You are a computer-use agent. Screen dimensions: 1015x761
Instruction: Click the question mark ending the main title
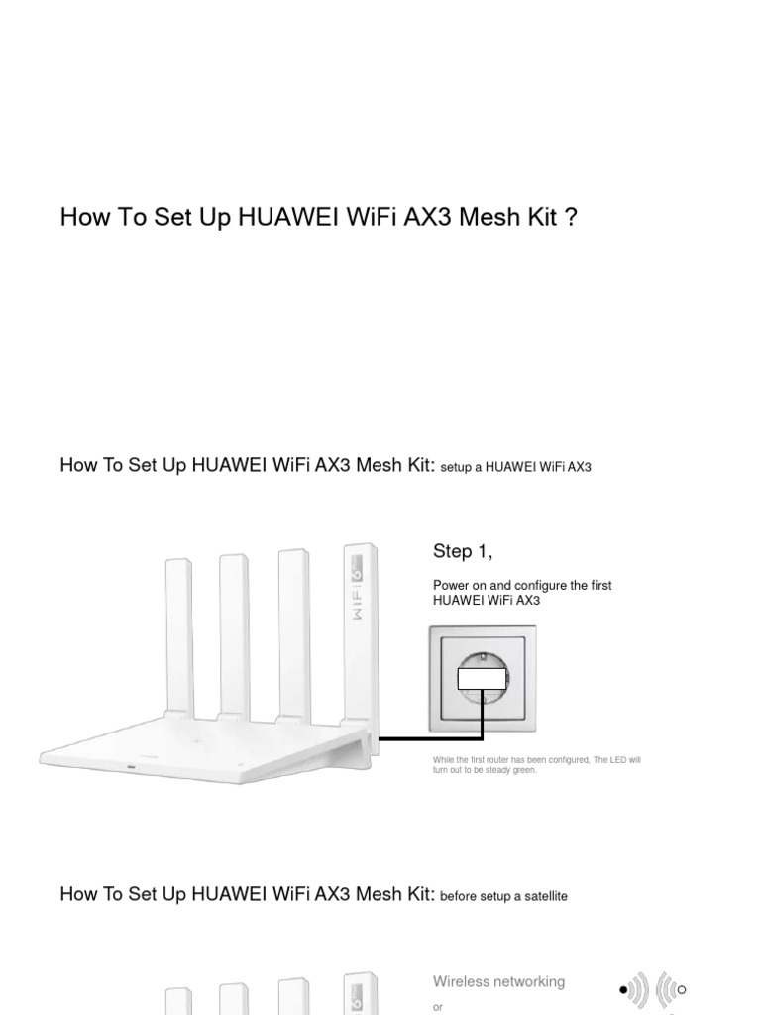(570, 217)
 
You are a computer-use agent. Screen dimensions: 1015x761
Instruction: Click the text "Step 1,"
(463, 551)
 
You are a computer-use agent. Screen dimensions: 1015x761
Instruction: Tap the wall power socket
(483, 679)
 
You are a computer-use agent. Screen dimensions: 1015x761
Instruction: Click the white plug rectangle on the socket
(483, 679)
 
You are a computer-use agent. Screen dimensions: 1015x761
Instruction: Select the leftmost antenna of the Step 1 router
(178, 634)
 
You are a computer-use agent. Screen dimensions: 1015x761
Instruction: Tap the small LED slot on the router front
(131, 766)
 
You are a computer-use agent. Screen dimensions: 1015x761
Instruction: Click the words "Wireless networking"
(498, 981)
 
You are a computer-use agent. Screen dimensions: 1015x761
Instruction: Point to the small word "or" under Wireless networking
(438, 1007)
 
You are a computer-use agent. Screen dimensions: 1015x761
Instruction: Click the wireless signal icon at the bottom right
(653, 989)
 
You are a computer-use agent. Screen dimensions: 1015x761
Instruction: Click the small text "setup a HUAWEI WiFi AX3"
(515, 467)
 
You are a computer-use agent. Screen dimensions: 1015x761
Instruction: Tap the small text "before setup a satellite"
(503, 896)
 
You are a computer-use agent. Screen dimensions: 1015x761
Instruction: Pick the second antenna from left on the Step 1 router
(234, 634)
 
